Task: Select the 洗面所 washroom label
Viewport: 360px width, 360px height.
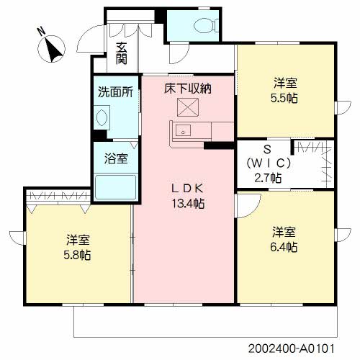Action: pyautogui.click(x=115, y=92)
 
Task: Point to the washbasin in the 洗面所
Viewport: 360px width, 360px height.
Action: pyautogui.click(x=101, y=118)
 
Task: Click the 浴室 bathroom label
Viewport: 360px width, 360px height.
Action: pyautogui.click(x=116, y=158)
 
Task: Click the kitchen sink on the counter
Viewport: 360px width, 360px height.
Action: pyautogui.click(x=183, y=131)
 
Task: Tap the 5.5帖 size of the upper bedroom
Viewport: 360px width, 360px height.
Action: pyautogui.click(x=286, y=97)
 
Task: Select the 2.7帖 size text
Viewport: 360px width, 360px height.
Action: pyautogui.click(x=267, y=177)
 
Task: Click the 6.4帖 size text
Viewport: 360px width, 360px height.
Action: pyautogui.click(x=284, y=247)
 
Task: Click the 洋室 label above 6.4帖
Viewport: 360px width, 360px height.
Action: pyautogui.click(x=284, y=232)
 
